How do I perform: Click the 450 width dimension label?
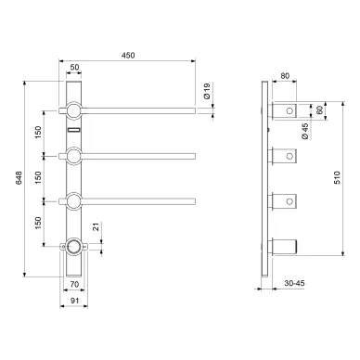(x=128, y=56)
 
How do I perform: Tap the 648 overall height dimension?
(x=19, y=178)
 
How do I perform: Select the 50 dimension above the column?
(x=74, y=67)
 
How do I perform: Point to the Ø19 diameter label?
(x=207, y=91)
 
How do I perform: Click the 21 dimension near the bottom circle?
(x=96, y=227)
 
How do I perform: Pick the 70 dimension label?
(x=74, y=284)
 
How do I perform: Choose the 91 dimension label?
(x=74, y=301)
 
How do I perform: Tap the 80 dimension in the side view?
(x=285, y=76)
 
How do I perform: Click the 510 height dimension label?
(x=337, y=178)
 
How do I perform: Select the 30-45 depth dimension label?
(x=295, y=283)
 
